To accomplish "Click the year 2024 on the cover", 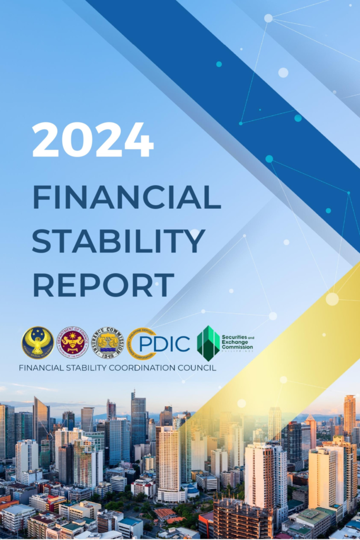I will [x=93, y=140].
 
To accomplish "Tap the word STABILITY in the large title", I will [x=119, y=241].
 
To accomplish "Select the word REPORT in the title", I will [x=103, y=284].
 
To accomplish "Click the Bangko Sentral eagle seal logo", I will [x=37, y=343].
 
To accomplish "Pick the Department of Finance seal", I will [x=72, y=342].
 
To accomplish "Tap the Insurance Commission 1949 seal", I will [x=108, y=343].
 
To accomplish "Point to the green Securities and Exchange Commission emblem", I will [x=208, y=343].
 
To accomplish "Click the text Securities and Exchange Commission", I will [x=237, y=343].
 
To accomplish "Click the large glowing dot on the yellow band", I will [x=332, y=299].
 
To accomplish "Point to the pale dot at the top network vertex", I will [x=268, y=18].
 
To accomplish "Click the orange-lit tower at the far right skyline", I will [x=349, y=417].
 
